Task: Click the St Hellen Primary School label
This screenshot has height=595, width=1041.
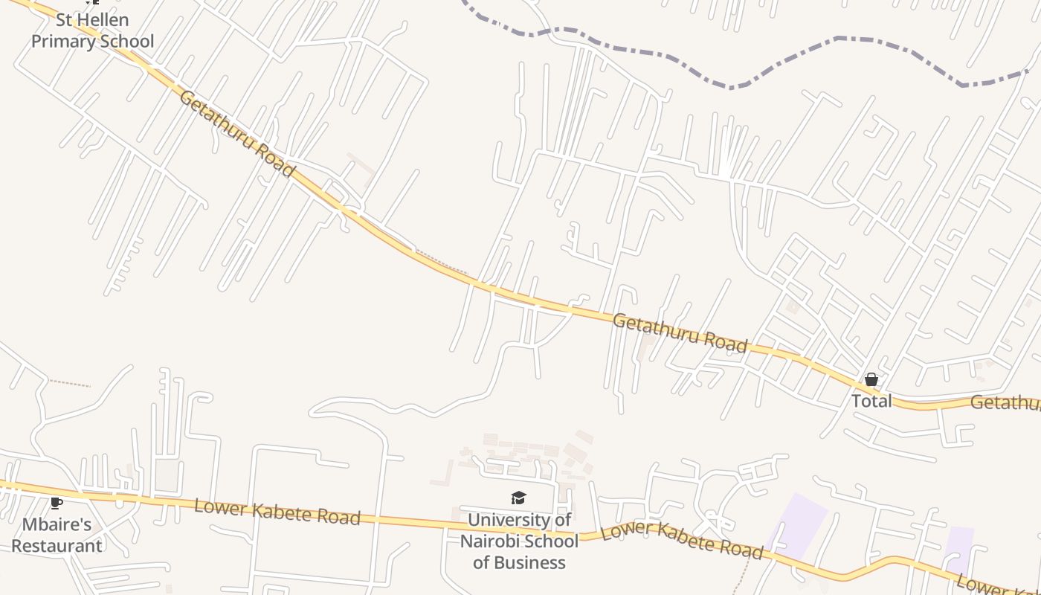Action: tap(92, 30)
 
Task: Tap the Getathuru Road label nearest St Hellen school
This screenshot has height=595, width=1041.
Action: tap(237, 133)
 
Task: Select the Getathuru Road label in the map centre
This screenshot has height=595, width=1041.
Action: tap(680, 332)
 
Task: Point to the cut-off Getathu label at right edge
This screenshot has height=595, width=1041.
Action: tap(1005, 403)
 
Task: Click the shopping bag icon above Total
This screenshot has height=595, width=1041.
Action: tap(871, 380)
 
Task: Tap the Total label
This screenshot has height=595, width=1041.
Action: tap(871, 401)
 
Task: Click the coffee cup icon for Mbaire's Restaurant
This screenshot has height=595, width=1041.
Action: tap(57, 504)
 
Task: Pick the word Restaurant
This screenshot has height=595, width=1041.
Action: tap(57, 545)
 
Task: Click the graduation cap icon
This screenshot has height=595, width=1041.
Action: tap(518, 498)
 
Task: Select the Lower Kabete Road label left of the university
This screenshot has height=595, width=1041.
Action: tap(277, 512)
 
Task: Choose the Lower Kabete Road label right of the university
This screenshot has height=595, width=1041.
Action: tap(682, 541)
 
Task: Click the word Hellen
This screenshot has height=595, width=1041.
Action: tap(104, 20)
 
